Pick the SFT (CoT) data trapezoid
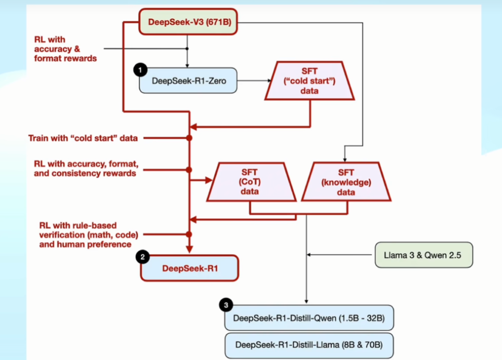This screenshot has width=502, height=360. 249,182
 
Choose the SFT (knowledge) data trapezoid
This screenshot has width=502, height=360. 346,182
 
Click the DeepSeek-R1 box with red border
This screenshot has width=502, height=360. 189,268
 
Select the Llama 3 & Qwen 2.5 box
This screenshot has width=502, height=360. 423,255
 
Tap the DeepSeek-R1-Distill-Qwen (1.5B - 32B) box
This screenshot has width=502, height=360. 309,317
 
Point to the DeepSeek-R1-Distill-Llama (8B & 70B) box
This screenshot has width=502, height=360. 309,344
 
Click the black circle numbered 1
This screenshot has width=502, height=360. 139,69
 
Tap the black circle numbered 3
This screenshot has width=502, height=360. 225,304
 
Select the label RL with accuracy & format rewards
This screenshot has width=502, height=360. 66,49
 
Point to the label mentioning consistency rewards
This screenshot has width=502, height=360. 85,168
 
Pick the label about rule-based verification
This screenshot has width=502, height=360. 85,234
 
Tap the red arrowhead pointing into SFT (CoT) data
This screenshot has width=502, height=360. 209,181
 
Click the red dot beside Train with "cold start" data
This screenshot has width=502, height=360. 189,138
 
